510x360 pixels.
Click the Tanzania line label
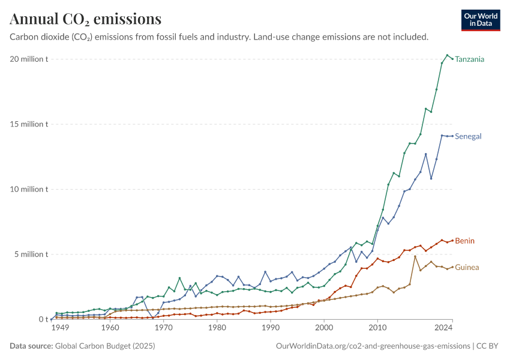(469, 59)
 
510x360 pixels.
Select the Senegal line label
(468, 136)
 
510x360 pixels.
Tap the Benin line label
(464, 241)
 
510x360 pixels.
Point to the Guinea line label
(467, 268)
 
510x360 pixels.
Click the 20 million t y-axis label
(29, 59)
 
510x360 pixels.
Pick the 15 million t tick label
(29, 124)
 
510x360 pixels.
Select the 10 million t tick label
(29, 189)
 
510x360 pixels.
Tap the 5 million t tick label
(31, 254)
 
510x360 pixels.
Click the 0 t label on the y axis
(43, 319)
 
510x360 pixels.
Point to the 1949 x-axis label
(60, 328)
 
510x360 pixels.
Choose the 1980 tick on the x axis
(217, 328)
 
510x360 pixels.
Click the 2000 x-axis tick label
(324, 328)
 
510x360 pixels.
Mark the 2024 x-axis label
(443, 328)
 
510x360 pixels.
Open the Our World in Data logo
(481, 20)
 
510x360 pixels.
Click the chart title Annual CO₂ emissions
(86, 19)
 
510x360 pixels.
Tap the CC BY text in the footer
(487, 346)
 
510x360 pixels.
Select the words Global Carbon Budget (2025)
(105, 346)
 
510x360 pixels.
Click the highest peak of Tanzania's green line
(447, 55)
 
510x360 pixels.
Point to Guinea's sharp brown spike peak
(415, 257)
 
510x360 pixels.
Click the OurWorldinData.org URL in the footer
(373, 346)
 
